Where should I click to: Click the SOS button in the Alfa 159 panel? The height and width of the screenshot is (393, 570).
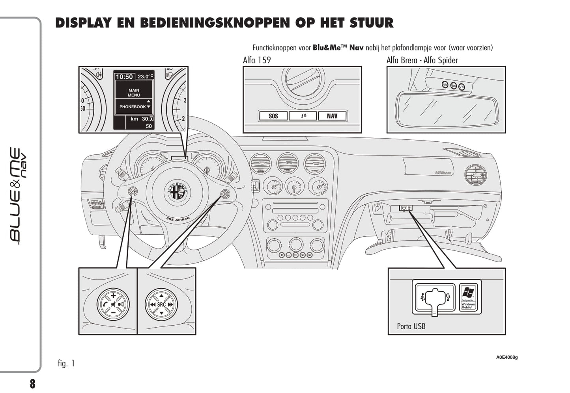pos(273,116)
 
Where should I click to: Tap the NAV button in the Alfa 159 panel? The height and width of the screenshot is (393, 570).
pos(332,116)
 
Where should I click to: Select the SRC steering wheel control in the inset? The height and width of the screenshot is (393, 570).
pos(161,304)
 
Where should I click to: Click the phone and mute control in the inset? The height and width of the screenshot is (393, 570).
pos(113,304)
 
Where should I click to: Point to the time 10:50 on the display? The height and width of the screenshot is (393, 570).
pos(124,77)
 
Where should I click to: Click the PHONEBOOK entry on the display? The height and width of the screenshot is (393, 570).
pos(133,107)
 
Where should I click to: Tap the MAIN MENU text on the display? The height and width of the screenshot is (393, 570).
pos(134,93)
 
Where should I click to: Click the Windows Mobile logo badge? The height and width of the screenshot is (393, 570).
pos(468,297)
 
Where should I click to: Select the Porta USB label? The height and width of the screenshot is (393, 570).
pos(411,326)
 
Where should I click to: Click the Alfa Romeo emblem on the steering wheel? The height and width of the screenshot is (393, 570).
pos(178,192)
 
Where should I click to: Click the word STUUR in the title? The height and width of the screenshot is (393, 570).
pos(372,23)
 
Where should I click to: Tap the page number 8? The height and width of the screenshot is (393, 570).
pos(32,384)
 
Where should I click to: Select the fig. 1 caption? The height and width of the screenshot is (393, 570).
pos(66,363)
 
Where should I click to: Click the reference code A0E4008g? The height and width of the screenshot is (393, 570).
pos(507,358)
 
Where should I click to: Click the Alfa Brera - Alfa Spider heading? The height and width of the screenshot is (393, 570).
pos(422,60)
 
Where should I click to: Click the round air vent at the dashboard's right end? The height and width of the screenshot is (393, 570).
pos(475,175)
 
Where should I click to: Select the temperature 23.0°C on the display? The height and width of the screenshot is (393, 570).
pos(145,77)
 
